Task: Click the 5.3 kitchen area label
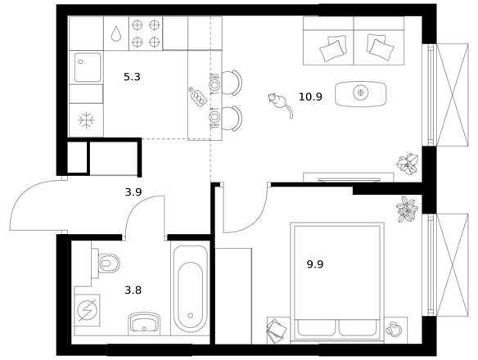pos(132,77)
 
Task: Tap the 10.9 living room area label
pos(310,97)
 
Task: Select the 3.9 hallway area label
pos(133,192)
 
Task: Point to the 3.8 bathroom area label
pos(133,290)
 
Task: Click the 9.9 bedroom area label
pos(315,264)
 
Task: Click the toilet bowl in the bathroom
pos(106,263)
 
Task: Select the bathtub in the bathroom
pos(191,289)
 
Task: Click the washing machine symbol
pos(88,311)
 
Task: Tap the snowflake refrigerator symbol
pos(86,120)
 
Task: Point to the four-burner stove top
pos(146,34)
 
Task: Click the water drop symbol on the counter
pos(116,34)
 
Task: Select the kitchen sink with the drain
pos(88,67)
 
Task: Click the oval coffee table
pos(360,94)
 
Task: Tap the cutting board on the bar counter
pos(197,96)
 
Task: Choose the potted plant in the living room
pos(408,164)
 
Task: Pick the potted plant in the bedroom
pos(407,209)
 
